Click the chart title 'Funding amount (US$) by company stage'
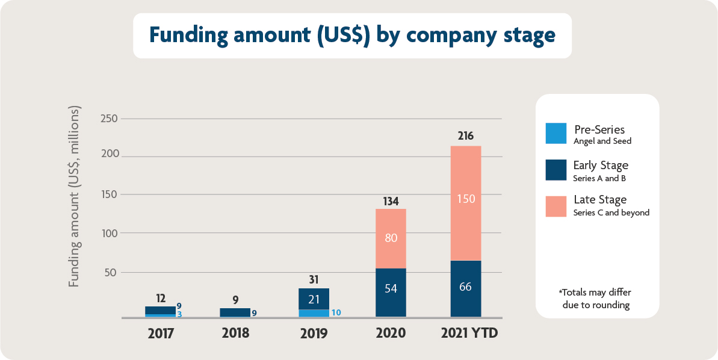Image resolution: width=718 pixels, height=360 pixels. tap(352, 36)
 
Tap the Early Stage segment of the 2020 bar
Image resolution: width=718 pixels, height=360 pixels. tap(391, 292)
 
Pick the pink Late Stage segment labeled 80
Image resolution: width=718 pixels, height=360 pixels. tap(391, 238)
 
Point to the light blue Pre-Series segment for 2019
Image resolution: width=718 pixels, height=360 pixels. tap(314, 313)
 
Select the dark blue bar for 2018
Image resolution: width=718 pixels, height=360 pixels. tap(235, 312)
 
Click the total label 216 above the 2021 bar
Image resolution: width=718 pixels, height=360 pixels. tap(465, 136)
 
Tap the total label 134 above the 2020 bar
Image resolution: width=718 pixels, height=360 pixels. tap(391, 200)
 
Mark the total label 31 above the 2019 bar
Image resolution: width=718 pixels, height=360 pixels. tap(314, 280)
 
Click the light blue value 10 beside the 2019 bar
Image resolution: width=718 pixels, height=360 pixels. tap(336, 312)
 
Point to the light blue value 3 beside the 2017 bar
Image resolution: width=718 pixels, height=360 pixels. tap(179, 314)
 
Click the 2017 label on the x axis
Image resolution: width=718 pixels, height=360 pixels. tap(161, 333)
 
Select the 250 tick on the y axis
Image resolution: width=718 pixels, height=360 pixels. tap(109, 119)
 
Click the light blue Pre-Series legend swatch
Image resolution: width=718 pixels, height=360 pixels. tap(556, 134)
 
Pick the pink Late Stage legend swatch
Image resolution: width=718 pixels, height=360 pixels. tap(556, 205)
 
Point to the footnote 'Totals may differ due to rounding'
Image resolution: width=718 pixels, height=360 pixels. tap(596, 299)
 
